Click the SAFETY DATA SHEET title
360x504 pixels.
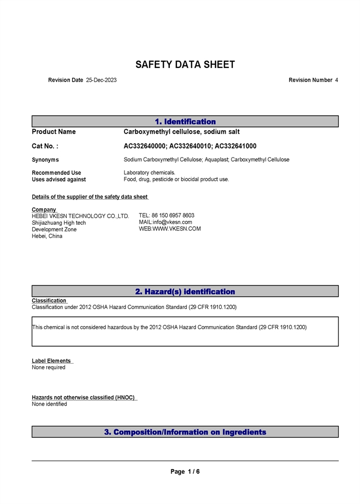click(x=185, y=65)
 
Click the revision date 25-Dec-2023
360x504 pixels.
click(x=101, y=80)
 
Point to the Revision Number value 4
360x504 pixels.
click(x=336, y=80)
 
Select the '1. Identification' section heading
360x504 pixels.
click(x=185, y=122)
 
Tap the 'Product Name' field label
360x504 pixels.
click(x=53, y=132)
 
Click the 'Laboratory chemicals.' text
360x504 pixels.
click(x=149, y=173)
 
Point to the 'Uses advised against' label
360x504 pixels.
click(x=59, y=180)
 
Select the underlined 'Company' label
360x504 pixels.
click(x=44, y=210)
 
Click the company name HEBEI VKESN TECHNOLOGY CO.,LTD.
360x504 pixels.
click(x=80, y=217)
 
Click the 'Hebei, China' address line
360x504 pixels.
click(x=47, y=237)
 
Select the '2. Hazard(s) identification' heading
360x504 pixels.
click(x=185, y=292)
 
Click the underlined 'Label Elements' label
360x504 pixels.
click(x=51, y=361)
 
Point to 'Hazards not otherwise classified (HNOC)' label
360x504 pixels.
click(x=84, y=398)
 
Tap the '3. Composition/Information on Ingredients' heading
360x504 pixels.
click(x=185, y=432)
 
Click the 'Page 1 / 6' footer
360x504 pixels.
click(x=185, y=472)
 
